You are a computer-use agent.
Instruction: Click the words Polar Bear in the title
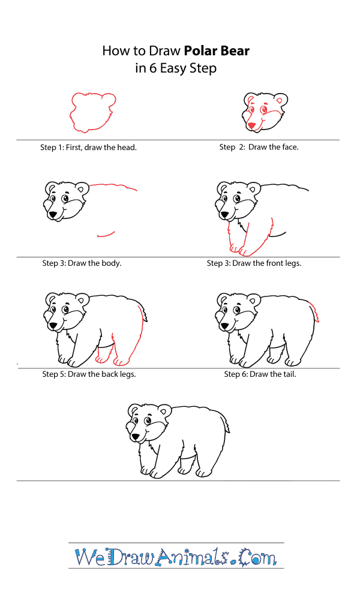pos(217,51)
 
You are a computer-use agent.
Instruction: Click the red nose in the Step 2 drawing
pos(251,125)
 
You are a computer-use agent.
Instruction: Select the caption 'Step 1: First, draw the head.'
pos(88,148)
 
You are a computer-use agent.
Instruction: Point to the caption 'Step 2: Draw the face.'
pos(259,147)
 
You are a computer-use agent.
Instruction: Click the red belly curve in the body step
pos(106,234)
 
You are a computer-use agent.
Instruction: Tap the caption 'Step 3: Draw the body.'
pos(82,263)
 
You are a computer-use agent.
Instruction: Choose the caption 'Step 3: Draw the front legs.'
pos(254,263)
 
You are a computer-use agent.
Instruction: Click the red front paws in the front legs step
pos(240,251)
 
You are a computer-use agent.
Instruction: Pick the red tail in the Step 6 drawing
pos(316,311)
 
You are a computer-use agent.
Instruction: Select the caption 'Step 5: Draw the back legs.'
pos(89,374)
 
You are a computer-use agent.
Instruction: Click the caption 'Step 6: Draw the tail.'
pos(260,374)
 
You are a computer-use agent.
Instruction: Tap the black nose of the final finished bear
pos(136,436)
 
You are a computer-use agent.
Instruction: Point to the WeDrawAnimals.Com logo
pos(176,556)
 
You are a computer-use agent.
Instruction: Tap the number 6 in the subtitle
pos(152,68)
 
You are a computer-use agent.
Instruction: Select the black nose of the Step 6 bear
pos(225,326)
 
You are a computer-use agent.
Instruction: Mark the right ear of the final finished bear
pos(165,410)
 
